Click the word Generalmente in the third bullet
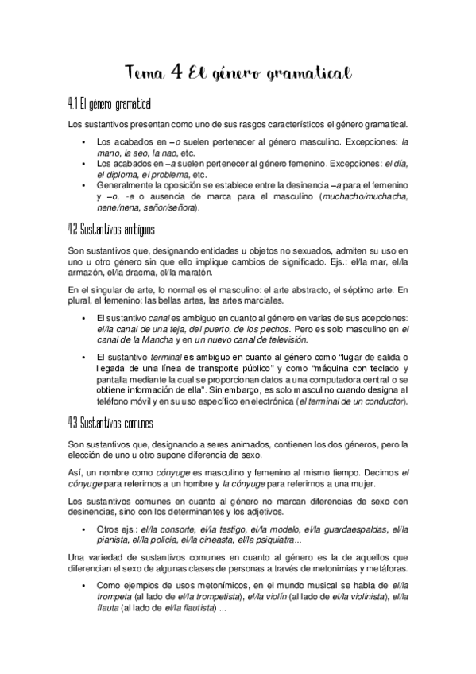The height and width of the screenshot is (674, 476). tap(127, 184)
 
